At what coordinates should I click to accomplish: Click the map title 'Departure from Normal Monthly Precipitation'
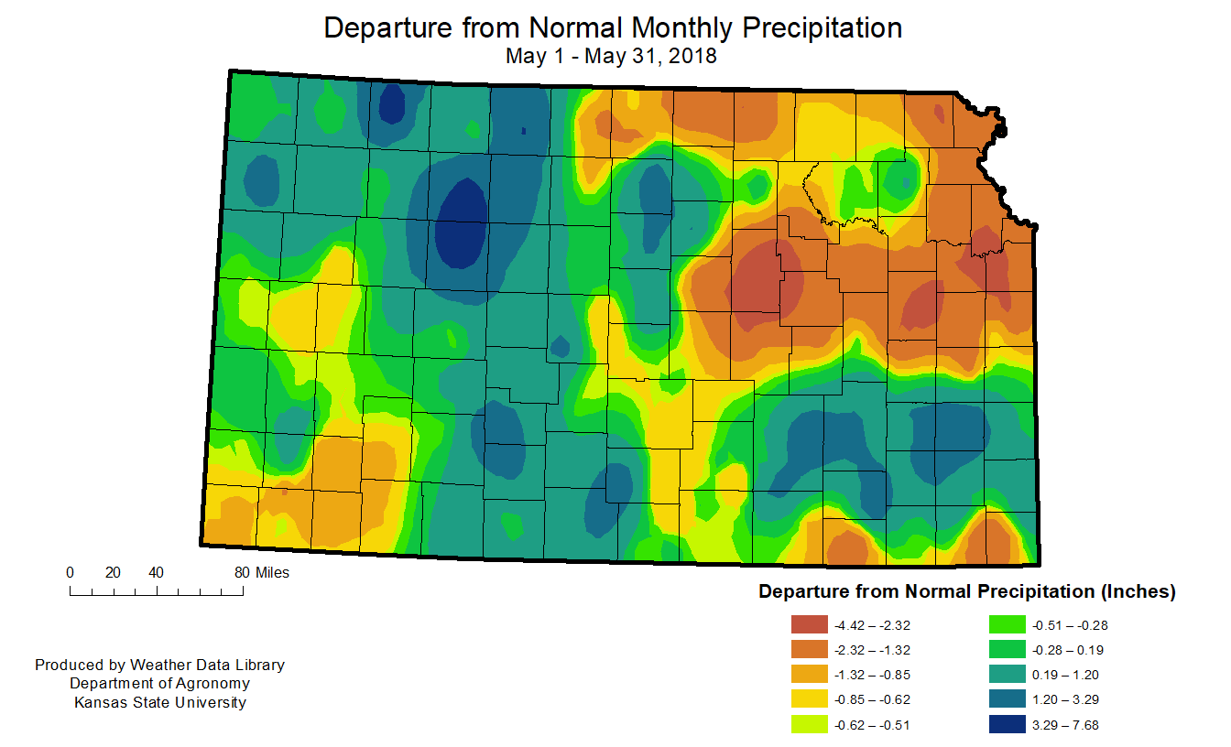(613, 27)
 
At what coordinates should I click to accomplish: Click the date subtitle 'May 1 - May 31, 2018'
(611, 56)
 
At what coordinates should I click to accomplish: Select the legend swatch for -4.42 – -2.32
(807, 625)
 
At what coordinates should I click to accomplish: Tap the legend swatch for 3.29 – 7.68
(1007, 725)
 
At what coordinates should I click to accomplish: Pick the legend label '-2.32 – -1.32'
(873, 650)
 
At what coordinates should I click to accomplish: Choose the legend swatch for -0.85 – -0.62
(807, 700)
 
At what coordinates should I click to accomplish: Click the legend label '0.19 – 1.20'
(1065, 676)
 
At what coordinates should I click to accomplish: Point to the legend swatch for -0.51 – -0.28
(1007, 625)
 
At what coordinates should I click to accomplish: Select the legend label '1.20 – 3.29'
(1065, 700)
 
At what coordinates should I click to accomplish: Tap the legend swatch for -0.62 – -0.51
(807, 725)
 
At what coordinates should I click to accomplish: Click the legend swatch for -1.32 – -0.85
(807, 676)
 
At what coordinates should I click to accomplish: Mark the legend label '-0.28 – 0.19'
(1068, 650)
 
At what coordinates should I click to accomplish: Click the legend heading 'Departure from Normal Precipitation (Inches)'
(966, 592)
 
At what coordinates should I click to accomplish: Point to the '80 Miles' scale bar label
(261, 573)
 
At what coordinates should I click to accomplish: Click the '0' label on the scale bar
(71, 573)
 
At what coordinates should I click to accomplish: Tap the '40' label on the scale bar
(156, 573)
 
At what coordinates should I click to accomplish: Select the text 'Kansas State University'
(159, 703)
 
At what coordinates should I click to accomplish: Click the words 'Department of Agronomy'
(159, 684)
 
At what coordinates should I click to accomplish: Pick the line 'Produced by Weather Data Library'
(159, 665)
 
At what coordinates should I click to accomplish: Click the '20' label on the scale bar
(113, 573)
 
